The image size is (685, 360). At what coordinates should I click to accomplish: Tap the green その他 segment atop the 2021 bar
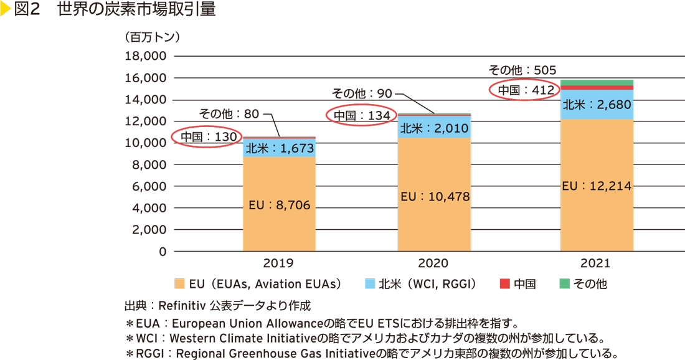[597, 82]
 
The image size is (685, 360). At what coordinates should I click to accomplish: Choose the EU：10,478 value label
[435, 196]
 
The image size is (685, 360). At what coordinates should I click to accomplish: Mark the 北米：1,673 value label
[279, 148]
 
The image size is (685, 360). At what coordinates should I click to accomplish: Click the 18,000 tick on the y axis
[145, 56]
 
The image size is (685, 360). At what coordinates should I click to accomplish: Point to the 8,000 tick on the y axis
[149, 164]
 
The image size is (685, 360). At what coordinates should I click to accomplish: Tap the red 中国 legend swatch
[504, 284]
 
